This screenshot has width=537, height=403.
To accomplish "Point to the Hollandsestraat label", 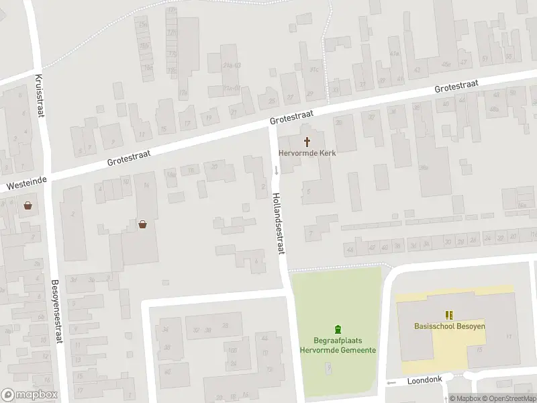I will [x=279, y=223].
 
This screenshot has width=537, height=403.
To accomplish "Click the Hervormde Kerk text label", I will [x=307, y=153].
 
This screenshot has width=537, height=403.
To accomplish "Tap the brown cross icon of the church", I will [x=308, y=142].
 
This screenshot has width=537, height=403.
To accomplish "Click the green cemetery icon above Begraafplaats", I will [x=338, y=328].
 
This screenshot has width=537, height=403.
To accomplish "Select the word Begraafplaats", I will [x=338, y=341].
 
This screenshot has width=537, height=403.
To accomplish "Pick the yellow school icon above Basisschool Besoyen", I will [x=448, y=314].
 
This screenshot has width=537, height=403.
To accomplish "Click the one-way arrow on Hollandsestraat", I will [x=275, y=169].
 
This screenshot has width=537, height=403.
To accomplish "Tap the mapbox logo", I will [x=29, y=395].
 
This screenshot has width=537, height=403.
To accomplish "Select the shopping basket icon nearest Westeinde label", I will [x=28, y=206].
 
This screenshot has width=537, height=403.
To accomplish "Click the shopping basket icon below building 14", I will [x=143, y=225].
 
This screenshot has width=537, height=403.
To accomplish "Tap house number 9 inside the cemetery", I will [x=328, y=367].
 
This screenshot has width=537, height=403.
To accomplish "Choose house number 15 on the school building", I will [x=479, y=349].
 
